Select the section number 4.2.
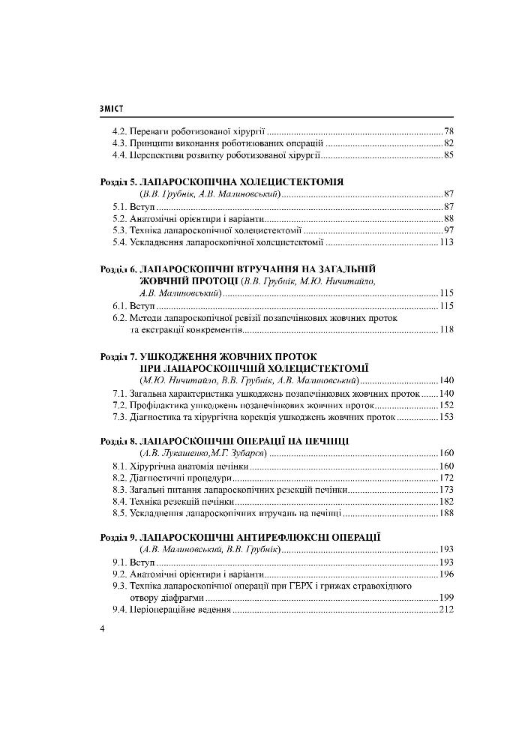[119, 130]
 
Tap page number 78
[449, 130]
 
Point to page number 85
[449, 155]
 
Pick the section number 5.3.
[119, 230]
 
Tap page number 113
[447, 242]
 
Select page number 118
[447, 330]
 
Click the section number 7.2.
[119, 405]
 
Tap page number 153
[447, 417]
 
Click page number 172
[447, 477]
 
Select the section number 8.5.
[119, 514]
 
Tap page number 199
[447, 598]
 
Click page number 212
[447, 610]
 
